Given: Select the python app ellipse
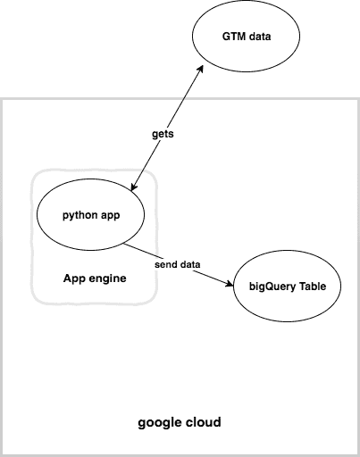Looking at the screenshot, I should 90,216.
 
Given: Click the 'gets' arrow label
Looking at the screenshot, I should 162,133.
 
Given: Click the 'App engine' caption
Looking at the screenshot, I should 94,278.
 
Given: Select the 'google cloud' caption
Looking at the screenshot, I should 180,421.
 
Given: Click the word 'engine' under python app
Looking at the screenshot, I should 107,278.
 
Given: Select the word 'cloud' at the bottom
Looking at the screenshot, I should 203,421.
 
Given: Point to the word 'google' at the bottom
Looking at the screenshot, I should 159,421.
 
